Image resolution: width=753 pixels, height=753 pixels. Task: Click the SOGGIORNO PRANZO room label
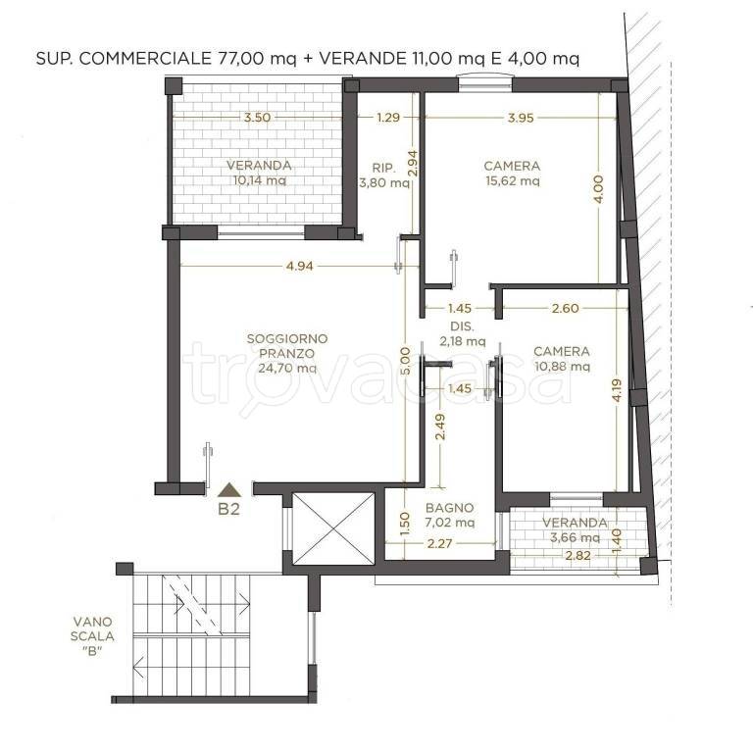pyautogui.click(x=287, y=346)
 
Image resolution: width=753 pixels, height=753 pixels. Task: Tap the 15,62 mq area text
pyautogui.click(x=513, y=181)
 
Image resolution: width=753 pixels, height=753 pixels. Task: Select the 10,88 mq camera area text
pyautogui.click(x=563, y=367)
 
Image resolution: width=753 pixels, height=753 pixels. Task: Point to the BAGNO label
pyautogui.click(x=449, y=508)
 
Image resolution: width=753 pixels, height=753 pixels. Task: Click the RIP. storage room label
pyautogui.click(x=383, y=168)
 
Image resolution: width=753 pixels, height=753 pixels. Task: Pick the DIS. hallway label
pyautogui.click(x=462, y=326)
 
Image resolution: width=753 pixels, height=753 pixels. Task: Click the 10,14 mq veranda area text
pyautogui.click(x=259, y=180)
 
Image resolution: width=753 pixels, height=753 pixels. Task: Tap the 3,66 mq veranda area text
pyautogui.click(x=575, y=537)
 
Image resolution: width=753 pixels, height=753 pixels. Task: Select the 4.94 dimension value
pyautogui.click(x=299, y=266)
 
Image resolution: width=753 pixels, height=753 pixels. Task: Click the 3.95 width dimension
pyautogui.click(x=521, y=118)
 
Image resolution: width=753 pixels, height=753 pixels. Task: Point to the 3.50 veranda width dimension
pyautogui.click(x=258, y=118)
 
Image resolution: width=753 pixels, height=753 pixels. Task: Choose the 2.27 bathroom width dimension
pyautogui.click(x=439, y=543)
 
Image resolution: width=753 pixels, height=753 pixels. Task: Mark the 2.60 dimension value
pyautogui.click(x=565, y=308)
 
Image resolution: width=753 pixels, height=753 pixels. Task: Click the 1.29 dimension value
pyautogui.click(x=388, y=118)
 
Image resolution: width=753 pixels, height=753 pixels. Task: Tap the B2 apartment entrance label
pyautogui.click(x=228, y=509)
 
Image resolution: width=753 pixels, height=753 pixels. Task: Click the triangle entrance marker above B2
pyautogui.click(x=229, y=490)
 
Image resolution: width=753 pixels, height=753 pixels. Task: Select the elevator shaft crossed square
pyautogui.click(x=333, y=528)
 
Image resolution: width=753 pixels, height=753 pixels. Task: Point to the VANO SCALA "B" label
pyautogui.click(x=92, y=636)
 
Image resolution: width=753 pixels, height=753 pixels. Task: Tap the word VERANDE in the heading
pyautogui.click(x=362, y=58)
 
